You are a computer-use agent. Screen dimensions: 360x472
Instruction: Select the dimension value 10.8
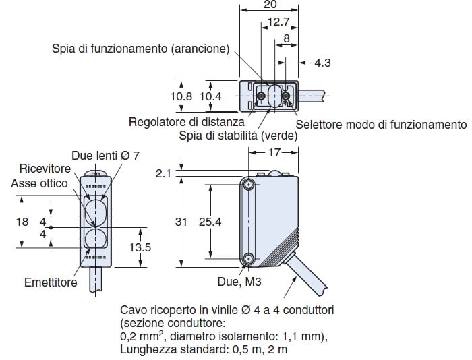coord(181,97)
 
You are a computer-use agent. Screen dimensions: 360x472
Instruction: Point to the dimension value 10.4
coord(210,97)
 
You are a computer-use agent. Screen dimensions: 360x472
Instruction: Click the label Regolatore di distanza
coord(187,122)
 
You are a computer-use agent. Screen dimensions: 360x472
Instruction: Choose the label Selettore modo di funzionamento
coord(381,124)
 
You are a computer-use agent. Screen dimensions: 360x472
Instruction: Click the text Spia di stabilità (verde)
coord(238,136)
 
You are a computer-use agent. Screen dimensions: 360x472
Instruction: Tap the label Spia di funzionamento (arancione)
coord(140,49)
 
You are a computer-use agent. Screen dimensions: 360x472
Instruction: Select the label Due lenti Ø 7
coord(105,156)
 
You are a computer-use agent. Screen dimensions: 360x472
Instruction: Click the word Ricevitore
coord(45,169)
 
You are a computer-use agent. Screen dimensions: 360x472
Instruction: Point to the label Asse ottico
coord(39,183)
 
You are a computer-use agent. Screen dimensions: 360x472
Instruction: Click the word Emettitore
coord(51,282)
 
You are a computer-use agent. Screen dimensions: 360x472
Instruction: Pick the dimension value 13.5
coord(140,247)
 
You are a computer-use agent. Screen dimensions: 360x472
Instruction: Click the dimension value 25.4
coord(210,222)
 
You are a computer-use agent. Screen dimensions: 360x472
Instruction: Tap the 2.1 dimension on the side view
coord(163,174)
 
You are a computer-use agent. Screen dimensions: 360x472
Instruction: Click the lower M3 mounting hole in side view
coord(249,258)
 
